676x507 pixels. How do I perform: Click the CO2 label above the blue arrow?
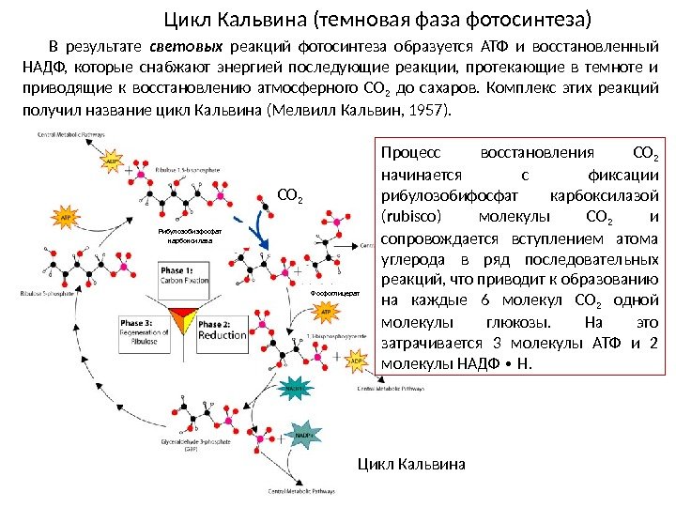[x=290, y=197]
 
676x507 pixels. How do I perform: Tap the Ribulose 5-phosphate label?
[x=46, y=294]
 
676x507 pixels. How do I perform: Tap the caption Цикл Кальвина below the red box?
[x=412, y=464]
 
